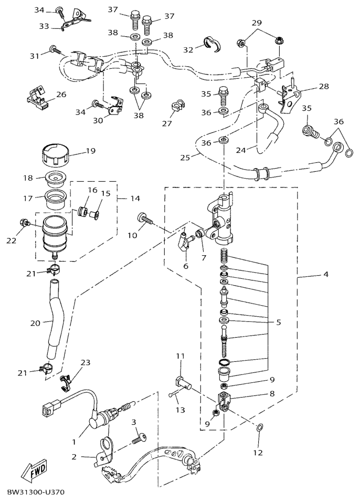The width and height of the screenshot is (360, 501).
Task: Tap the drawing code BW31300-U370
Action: point(36,493)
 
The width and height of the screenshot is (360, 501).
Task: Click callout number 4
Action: point(326,274)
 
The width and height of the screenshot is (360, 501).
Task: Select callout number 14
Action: point(135,199)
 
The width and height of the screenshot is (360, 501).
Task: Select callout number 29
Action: point(256,23)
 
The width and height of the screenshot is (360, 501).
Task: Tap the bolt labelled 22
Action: point(23,224)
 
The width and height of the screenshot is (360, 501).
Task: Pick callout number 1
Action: point(82,435)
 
